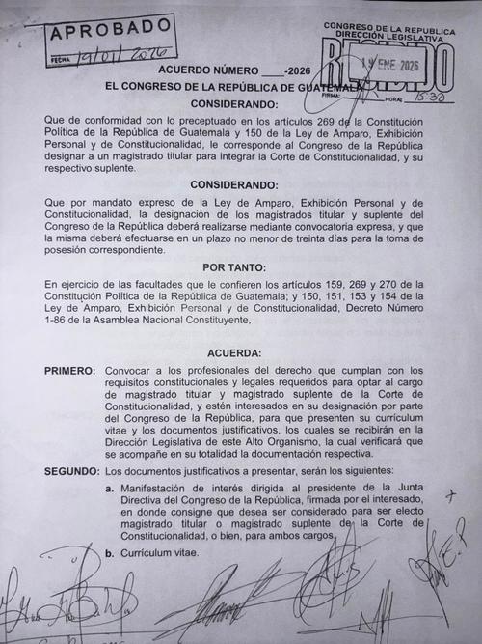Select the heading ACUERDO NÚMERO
tap(201, 70)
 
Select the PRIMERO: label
tap(69, 371)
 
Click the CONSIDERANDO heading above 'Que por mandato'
tap(240, 182)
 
